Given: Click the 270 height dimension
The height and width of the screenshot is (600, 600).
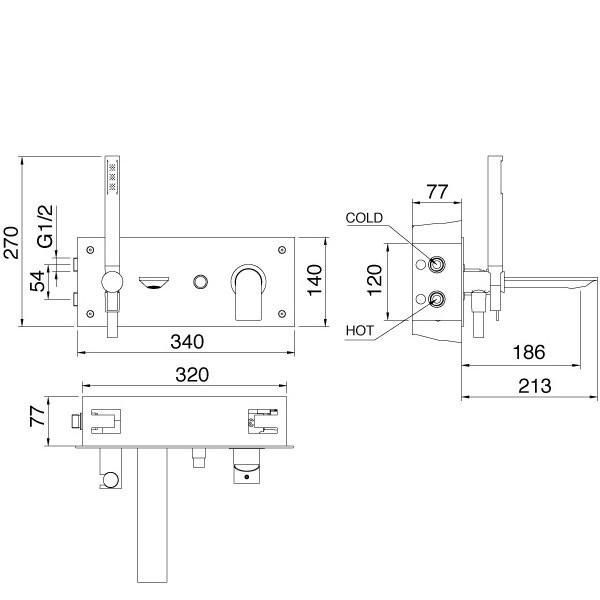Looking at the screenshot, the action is point(11,243).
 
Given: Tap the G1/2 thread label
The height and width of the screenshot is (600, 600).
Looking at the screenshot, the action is point(46,226).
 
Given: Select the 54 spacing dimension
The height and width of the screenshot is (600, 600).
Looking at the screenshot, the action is point(38,281).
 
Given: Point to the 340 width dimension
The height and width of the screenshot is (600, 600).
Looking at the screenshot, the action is point(187,342).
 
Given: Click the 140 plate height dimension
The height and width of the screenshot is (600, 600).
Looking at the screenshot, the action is point(315,280).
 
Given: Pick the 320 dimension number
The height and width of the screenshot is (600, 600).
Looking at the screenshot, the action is point(192,375).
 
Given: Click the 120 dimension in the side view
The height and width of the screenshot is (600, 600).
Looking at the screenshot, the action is point(375,280).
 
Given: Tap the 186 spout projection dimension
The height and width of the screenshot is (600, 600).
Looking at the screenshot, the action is point(529,352).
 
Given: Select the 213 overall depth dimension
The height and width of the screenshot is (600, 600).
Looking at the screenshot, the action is point(535,386).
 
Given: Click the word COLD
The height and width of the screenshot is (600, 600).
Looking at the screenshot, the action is point(364,218).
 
